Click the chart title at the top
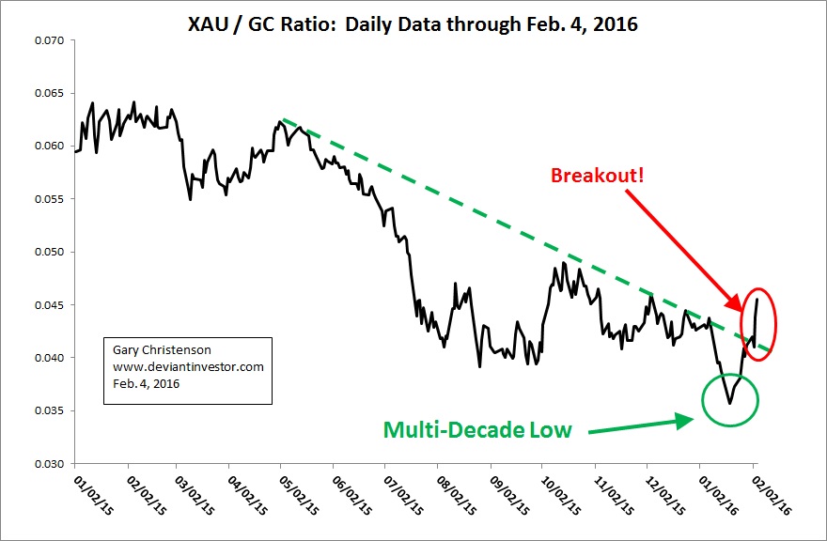pos(413,24)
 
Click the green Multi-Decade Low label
pos(476,430)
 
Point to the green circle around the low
pos(729,398)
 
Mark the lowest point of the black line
pos(729,403)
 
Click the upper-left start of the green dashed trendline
pos(282,120)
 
